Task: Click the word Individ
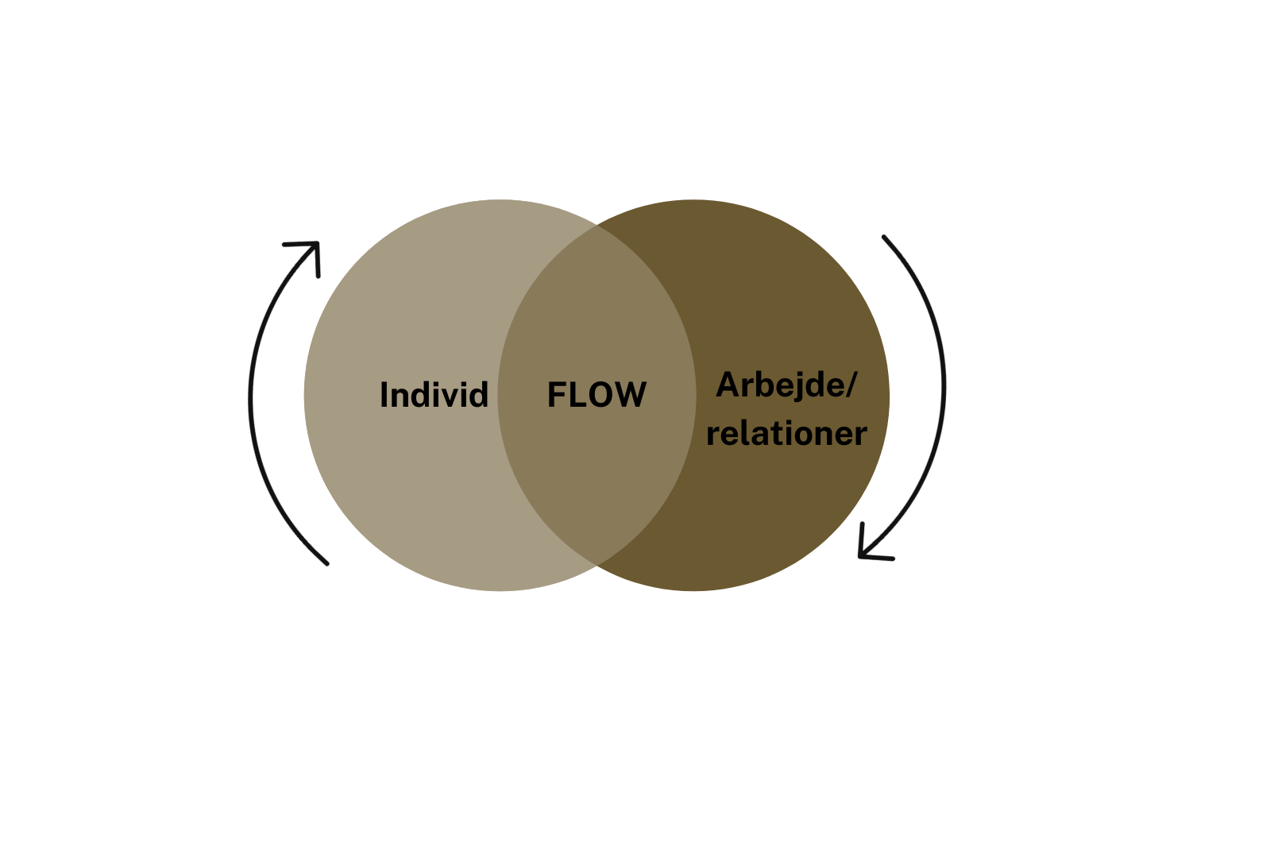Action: (x=434, y=395)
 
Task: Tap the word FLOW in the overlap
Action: (x=597, y=395)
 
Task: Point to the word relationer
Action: (x=786, y=434)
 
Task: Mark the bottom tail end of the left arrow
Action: (x=326, y=563)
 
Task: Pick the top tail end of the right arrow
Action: (x=883, y=237)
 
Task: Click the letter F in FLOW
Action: (x=555, y=395)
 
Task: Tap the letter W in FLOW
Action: (x=630, y=395)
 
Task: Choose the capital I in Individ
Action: (x=384, y=395)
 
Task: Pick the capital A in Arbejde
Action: (x=728, y=385)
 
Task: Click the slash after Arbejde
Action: (x=852, y=385)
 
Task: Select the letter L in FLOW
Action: (x=575, y=395)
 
